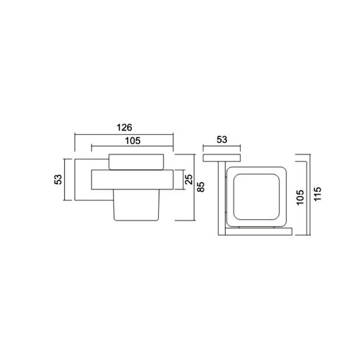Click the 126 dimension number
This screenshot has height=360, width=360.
(x=124, y=127)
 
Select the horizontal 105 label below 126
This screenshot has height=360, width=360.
(x=133, y=141)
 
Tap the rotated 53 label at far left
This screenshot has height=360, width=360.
(x=58, y=180)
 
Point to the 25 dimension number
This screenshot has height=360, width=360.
(x=189, y=180)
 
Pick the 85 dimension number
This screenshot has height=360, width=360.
(x=201, y=187)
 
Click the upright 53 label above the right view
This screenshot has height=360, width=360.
(x=222, y=139)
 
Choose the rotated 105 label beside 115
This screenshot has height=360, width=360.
(x=300, y=198)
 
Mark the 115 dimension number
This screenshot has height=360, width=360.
(x=318, y=194)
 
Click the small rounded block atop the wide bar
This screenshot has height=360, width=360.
(x=136, y=162)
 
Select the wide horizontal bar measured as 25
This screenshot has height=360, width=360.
(x=132, y=180)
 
